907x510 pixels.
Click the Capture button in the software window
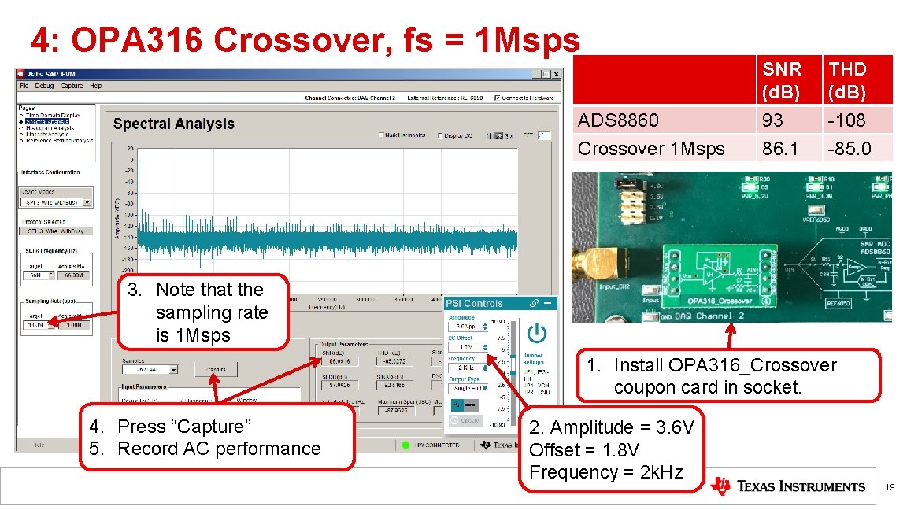click(217, 368)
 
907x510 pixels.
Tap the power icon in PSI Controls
click(536, 333)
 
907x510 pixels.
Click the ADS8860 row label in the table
click(618, 120)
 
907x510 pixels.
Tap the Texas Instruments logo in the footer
click(787, 486)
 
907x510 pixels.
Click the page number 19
click(890, 488)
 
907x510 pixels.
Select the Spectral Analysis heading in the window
click(173, 124)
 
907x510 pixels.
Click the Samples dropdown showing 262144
click(151, 368)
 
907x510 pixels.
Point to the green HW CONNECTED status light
click(405, 445)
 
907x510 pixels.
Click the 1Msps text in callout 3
click(204, 335)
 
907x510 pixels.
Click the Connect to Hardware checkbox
click(497, 98)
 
